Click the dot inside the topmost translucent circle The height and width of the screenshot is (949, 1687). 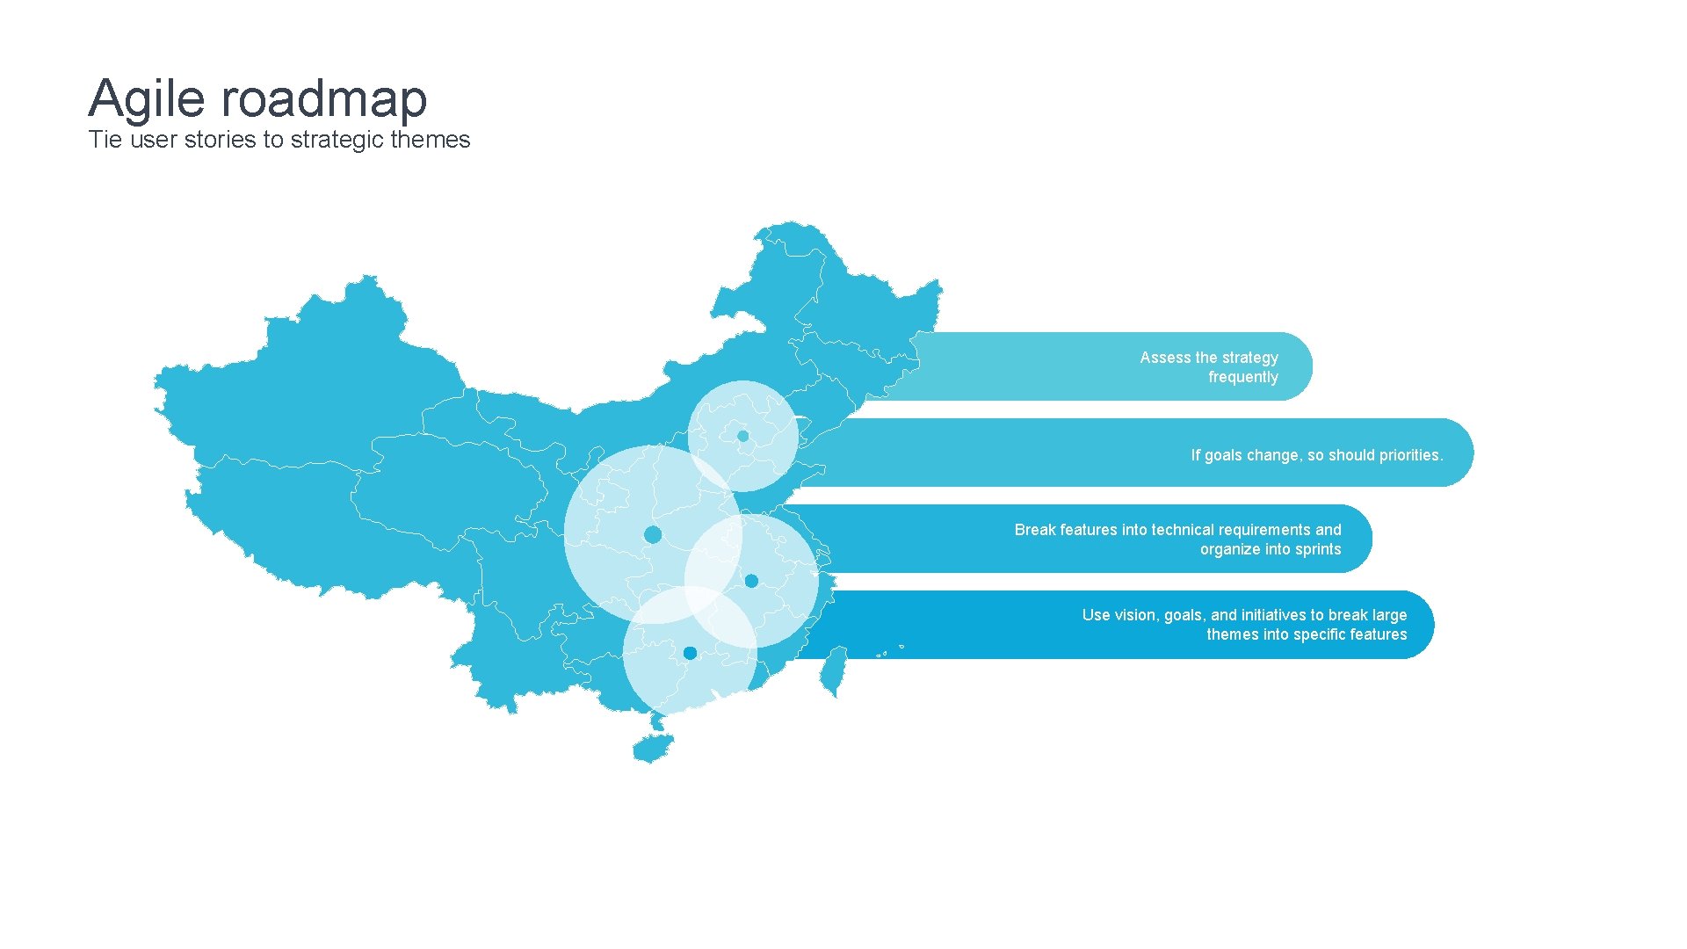click(x=743, y=436)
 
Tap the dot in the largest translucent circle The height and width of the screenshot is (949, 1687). click(x=653, y=534)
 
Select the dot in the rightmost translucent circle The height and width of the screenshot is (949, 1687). click(x=751, y=581)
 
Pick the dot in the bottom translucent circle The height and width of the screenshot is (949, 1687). click(x=690, y=653)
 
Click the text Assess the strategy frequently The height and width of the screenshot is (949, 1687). click(x=1209, y=366)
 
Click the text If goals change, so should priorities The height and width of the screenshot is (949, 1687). click(x=1316, y=455)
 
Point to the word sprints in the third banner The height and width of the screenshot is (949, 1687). click(x=1318, y=549)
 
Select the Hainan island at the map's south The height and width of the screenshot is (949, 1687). click(x=652, y=749)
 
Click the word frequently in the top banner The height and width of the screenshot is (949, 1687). click(x=1242, y=377)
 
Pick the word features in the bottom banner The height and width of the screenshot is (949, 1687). click(x=1373, y=634)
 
